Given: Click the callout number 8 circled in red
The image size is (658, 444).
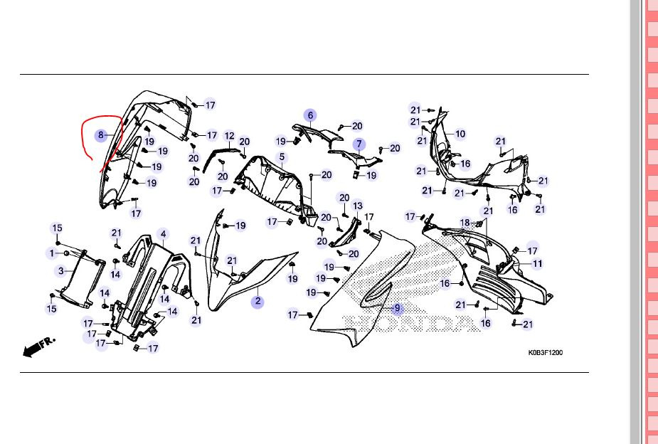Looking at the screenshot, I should tap(101, 134).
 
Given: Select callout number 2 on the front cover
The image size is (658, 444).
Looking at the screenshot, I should tap(258, 302).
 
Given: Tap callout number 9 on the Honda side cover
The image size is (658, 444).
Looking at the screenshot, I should tap(398, 308).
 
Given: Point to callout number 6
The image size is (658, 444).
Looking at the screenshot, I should tap(310, 115).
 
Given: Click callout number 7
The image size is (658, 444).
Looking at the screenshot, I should tap(360, 144).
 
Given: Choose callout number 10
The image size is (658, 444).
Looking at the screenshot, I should tap(460, 134).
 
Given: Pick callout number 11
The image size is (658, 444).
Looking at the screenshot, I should tap(537, 264).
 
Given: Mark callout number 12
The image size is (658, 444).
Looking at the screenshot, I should tap(229, 136).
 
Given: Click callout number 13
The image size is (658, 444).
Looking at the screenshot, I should tap(358, 206).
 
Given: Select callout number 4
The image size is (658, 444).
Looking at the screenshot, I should tap(163, 233).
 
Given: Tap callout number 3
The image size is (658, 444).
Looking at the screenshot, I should tap(61, 270).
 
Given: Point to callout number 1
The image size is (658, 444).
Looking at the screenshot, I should tap(52, 253).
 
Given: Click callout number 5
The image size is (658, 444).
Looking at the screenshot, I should tap(282, 157).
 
